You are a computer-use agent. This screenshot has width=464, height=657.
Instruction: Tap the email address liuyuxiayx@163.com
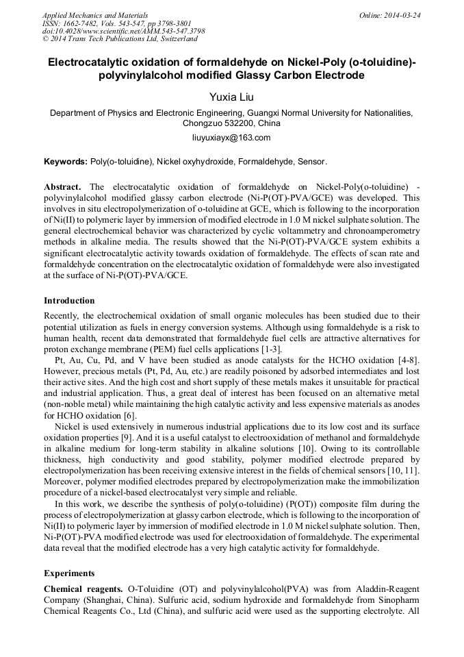point(231,138)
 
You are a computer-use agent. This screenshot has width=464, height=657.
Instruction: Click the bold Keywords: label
point(66,162)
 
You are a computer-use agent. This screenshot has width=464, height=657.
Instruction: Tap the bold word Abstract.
point(62,186)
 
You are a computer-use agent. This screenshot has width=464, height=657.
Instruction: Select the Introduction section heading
point(69,301)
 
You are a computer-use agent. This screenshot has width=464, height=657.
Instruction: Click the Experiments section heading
point(69,573)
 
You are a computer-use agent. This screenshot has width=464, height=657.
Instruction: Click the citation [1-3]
point(269,349)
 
